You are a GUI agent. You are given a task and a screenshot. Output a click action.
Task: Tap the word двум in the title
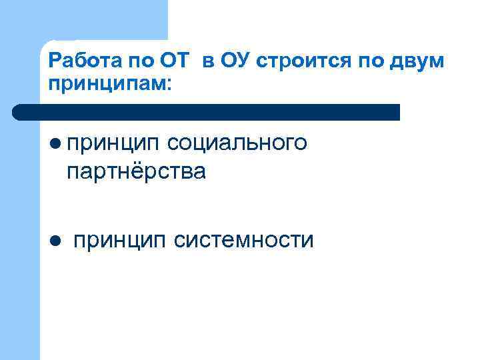[414, 63]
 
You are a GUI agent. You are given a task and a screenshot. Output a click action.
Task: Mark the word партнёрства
[136, 171]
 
